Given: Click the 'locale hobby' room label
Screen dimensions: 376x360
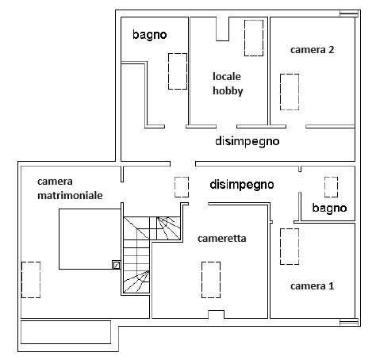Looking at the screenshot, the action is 228,84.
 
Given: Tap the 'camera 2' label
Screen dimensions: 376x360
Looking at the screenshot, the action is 313,50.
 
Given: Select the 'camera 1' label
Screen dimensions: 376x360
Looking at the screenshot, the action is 313,286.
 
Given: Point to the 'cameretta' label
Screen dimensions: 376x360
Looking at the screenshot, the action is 222,239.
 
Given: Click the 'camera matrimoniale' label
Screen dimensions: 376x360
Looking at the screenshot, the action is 70,188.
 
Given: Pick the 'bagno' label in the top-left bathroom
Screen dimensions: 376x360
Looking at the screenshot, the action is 150,35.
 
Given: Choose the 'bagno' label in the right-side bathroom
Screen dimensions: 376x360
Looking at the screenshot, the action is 329,208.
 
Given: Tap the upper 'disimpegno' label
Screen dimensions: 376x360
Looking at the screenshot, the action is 247,141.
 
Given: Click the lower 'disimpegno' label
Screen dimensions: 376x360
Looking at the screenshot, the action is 242,185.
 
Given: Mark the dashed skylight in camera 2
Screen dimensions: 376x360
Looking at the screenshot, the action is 290,92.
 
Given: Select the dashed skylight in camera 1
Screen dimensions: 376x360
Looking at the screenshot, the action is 290,247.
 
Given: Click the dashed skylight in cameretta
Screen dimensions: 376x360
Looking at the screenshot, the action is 211,280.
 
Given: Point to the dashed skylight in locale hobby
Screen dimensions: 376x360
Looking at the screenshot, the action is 254,38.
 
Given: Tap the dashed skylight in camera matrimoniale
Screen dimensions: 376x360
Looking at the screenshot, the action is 31,280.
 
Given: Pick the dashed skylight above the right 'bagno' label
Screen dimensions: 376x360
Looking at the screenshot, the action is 331,187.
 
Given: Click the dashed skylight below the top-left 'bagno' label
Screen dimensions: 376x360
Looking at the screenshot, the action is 178,71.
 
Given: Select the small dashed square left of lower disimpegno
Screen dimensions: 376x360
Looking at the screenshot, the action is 182,187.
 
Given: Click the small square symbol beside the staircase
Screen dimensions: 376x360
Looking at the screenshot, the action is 117,265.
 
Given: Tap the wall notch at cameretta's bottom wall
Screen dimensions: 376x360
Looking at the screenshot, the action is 216,314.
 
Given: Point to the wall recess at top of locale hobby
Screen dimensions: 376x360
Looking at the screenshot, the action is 222,29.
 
